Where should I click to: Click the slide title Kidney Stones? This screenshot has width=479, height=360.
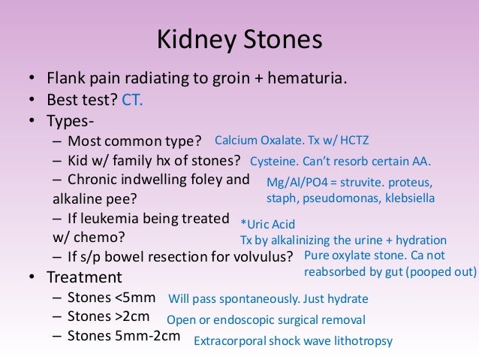239,39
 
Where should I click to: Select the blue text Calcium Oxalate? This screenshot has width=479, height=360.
257,141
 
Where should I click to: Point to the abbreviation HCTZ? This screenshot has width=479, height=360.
353,141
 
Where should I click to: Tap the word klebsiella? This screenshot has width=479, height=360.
406,198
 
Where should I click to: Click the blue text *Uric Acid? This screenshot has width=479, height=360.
267,224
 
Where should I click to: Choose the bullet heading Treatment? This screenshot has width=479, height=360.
85,277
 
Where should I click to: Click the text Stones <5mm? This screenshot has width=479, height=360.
111,297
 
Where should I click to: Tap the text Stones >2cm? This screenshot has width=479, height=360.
111,316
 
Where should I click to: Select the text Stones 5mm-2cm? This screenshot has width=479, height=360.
124,335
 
